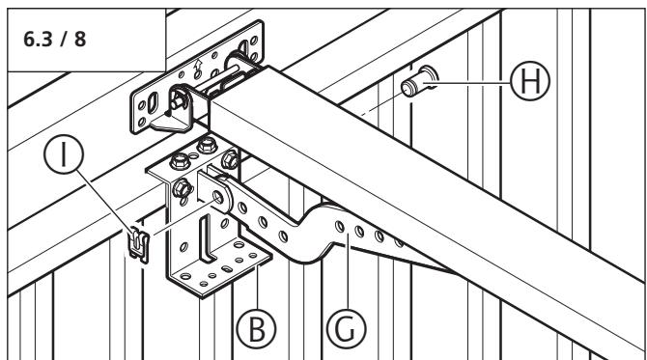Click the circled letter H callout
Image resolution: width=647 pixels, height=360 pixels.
tap(530, 81)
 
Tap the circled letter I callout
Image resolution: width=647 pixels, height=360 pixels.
tap(64, 154)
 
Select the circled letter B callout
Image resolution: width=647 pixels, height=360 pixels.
tap(256, 329)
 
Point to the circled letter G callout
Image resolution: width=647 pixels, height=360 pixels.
tap(346, 329)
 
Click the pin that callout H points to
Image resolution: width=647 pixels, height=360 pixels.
tap(419, 82)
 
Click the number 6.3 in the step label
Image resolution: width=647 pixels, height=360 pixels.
tap(38, 40)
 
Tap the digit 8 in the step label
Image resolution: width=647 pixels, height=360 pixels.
tap(80, 40)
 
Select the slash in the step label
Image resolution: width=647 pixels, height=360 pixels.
tap(64, 40)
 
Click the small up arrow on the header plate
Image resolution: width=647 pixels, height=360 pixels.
tap(199, 65)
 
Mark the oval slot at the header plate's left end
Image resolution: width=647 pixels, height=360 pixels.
tap(153, 102)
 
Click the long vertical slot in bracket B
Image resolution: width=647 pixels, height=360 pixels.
tap(206, 238)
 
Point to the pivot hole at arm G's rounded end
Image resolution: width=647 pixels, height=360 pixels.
tap(217, 197)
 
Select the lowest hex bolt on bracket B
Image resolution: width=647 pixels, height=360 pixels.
tap(182, 189)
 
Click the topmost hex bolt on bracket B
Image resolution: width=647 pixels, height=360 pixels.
tap(208, 145)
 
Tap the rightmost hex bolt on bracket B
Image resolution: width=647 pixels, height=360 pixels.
tap(230, 159)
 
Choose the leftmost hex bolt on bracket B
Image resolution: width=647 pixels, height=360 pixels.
tap(180, 160)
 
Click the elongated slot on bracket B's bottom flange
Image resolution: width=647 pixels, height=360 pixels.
tap(227, 268)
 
